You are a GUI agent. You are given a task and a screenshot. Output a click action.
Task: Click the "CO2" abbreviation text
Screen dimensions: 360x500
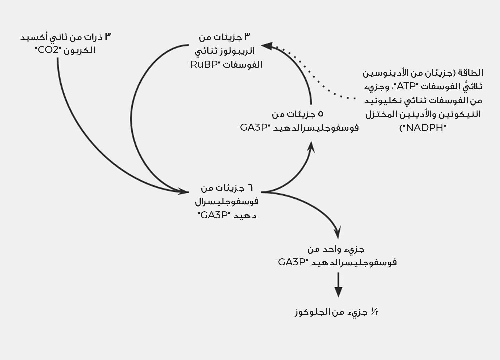pos(48,50)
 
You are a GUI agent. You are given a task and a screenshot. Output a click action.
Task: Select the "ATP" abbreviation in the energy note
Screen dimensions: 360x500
pos(406,86)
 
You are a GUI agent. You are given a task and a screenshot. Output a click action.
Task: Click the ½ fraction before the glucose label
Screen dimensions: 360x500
pos(374,312)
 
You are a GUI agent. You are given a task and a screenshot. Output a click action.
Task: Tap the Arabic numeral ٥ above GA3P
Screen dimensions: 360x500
pos(320,114)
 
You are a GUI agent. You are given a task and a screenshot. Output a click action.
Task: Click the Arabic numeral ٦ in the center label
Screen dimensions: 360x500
pos(250,188)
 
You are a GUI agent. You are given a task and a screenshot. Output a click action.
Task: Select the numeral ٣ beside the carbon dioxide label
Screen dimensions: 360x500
pos(108,36)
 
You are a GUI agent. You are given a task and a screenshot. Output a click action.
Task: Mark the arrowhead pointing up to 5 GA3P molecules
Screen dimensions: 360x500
pos(311,147)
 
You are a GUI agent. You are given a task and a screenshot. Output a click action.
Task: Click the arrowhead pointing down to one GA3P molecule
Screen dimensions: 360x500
pos(338,233)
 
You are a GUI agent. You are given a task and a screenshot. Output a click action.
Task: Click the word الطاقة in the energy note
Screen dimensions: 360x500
pos(473,73)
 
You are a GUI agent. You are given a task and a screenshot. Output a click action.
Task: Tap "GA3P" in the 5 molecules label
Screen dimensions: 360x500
pos(252,128)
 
